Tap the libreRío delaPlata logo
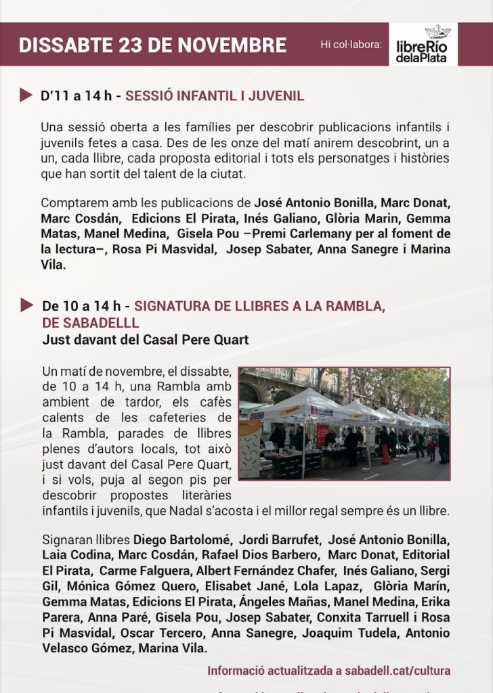point(423,45)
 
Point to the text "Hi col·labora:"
point(351,45)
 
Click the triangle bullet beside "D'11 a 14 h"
point(26,95)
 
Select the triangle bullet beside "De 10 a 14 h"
point(26,305)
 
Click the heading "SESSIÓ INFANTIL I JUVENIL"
point(215,96)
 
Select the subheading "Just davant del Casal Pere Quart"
point(145,339)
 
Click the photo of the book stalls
point(343,424)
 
